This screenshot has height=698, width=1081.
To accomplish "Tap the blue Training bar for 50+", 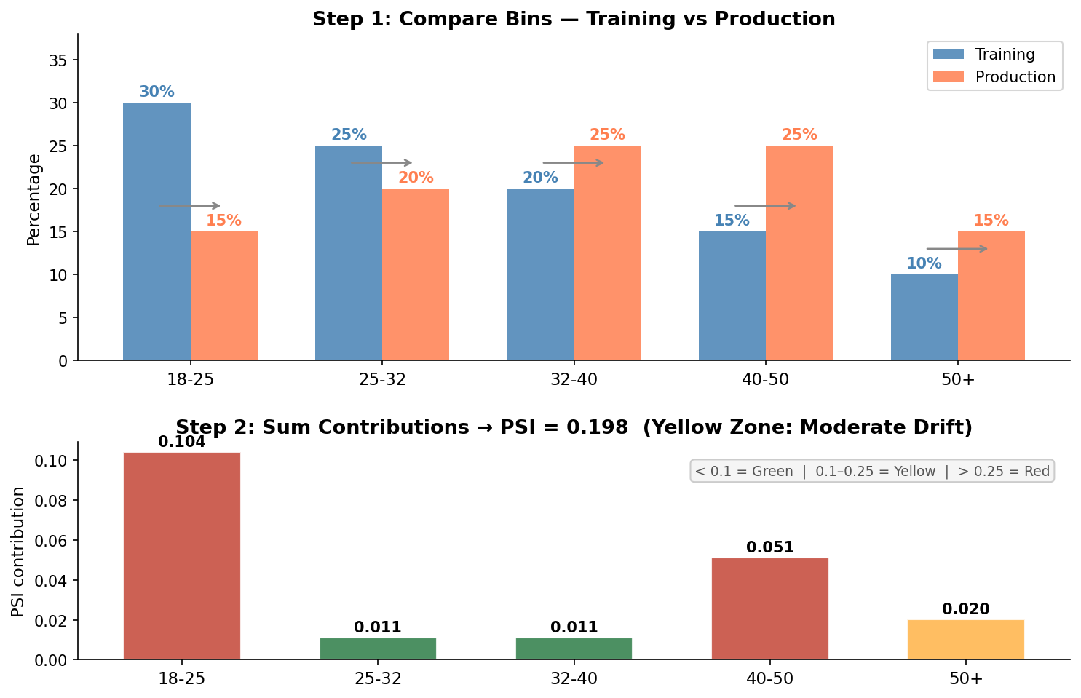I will coord(924,317).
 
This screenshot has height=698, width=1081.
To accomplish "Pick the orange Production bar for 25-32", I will coord(416,274).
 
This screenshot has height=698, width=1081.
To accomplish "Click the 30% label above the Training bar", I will coord(157,92).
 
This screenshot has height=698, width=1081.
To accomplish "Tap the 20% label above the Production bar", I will coord(416,178).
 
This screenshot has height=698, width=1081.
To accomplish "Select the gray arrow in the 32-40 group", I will coord(574,163).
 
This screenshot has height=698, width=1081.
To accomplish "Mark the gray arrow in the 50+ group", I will coord(957,249).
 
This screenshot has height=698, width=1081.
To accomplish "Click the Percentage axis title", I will coord(33,199).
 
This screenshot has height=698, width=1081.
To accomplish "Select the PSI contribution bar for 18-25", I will coord(182,556).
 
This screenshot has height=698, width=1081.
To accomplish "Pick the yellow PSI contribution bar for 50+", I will coord(966,640).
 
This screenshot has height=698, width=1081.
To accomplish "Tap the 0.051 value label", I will coord(770,547).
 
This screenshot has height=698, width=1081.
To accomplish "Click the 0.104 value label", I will coord(182,442).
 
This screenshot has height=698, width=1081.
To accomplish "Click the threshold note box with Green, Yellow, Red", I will coord(872,472).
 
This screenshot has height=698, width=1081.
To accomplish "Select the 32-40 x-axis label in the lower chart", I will coord(574,679).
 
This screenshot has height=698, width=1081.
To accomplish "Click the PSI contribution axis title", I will coord(18,551).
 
